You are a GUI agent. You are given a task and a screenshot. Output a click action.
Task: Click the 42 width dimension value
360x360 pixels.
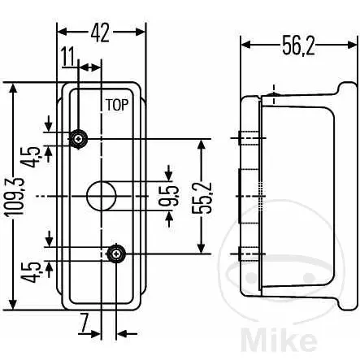(100, 33)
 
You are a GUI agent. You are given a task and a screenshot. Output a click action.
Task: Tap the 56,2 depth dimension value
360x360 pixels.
(298, 46)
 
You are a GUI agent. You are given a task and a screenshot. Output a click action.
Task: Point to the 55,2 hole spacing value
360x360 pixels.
(202, 198)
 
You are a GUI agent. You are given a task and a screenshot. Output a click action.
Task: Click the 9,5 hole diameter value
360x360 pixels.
(169, 196)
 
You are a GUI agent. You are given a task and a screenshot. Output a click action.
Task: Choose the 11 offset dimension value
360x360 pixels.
(67, 56)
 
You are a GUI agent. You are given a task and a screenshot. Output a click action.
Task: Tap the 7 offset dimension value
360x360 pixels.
(85, 323)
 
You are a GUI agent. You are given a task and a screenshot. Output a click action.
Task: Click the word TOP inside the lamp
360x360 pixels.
(117, 105)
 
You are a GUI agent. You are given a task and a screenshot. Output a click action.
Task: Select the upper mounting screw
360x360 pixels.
(79, 139)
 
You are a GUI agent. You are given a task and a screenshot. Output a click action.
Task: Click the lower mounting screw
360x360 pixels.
(116, 254)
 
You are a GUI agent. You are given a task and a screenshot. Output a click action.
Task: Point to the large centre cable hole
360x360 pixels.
(102, 196)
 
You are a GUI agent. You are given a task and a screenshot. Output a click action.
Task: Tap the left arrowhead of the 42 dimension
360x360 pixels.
(63, 32)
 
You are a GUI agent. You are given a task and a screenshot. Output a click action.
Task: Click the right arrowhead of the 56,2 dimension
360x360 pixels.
(352, 45)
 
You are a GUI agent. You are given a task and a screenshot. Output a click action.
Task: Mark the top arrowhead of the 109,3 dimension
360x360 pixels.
(13, 88)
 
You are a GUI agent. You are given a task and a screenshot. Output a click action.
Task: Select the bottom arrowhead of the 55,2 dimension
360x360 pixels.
(201, 249)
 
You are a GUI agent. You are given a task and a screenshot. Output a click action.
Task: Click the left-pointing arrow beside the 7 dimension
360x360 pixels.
(128, 334)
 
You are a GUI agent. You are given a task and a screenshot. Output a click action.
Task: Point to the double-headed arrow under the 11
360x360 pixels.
(90, 67)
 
